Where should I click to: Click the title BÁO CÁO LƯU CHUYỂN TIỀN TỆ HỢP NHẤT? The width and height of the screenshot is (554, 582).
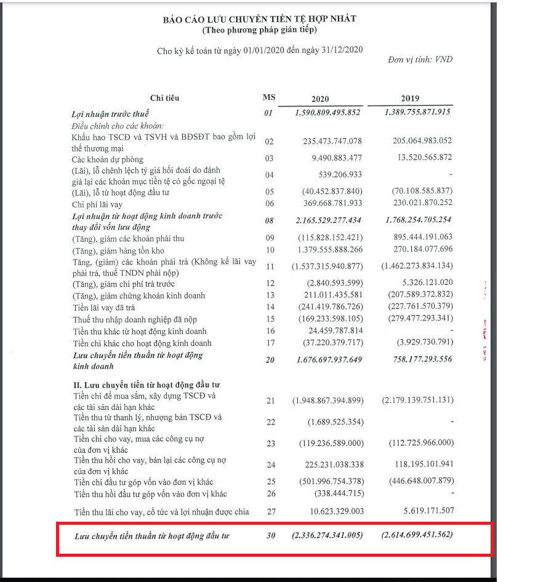(259, 20)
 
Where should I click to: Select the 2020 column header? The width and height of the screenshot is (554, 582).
(320, 99)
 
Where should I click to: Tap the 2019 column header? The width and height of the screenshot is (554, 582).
(410, 99)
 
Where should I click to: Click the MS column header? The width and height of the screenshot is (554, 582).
(269, 98)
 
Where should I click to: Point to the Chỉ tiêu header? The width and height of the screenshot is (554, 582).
(165, 98)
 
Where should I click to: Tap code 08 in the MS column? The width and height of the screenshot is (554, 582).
(268, 220)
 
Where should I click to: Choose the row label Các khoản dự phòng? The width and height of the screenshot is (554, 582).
(108, 159)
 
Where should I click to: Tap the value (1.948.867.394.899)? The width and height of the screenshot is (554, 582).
(327, 401)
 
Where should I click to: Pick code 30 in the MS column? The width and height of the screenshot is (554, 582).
(271, 536)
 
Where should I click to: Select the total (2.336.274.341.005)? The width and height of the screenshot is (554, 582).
(327, 535)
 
